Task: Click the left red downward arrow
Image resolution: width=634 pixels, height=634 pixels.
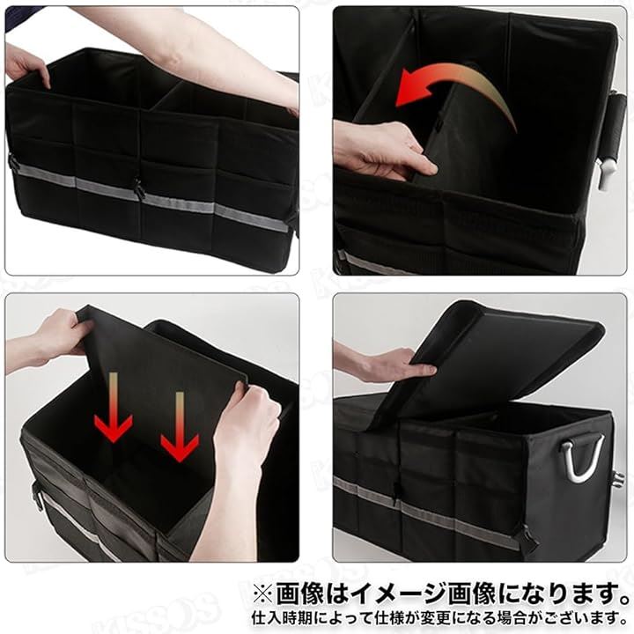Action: click(x=114, y=409)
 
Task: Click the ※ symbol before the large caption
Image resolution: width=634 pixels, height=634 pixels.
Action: click(x=263, y=594)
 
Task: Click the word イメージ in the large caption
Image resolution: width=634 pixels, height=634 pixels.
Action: click(x=399, y=594)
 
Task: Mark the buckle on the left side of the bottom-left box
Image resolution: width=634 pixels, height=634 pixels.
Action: click(x=37, y=494)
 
